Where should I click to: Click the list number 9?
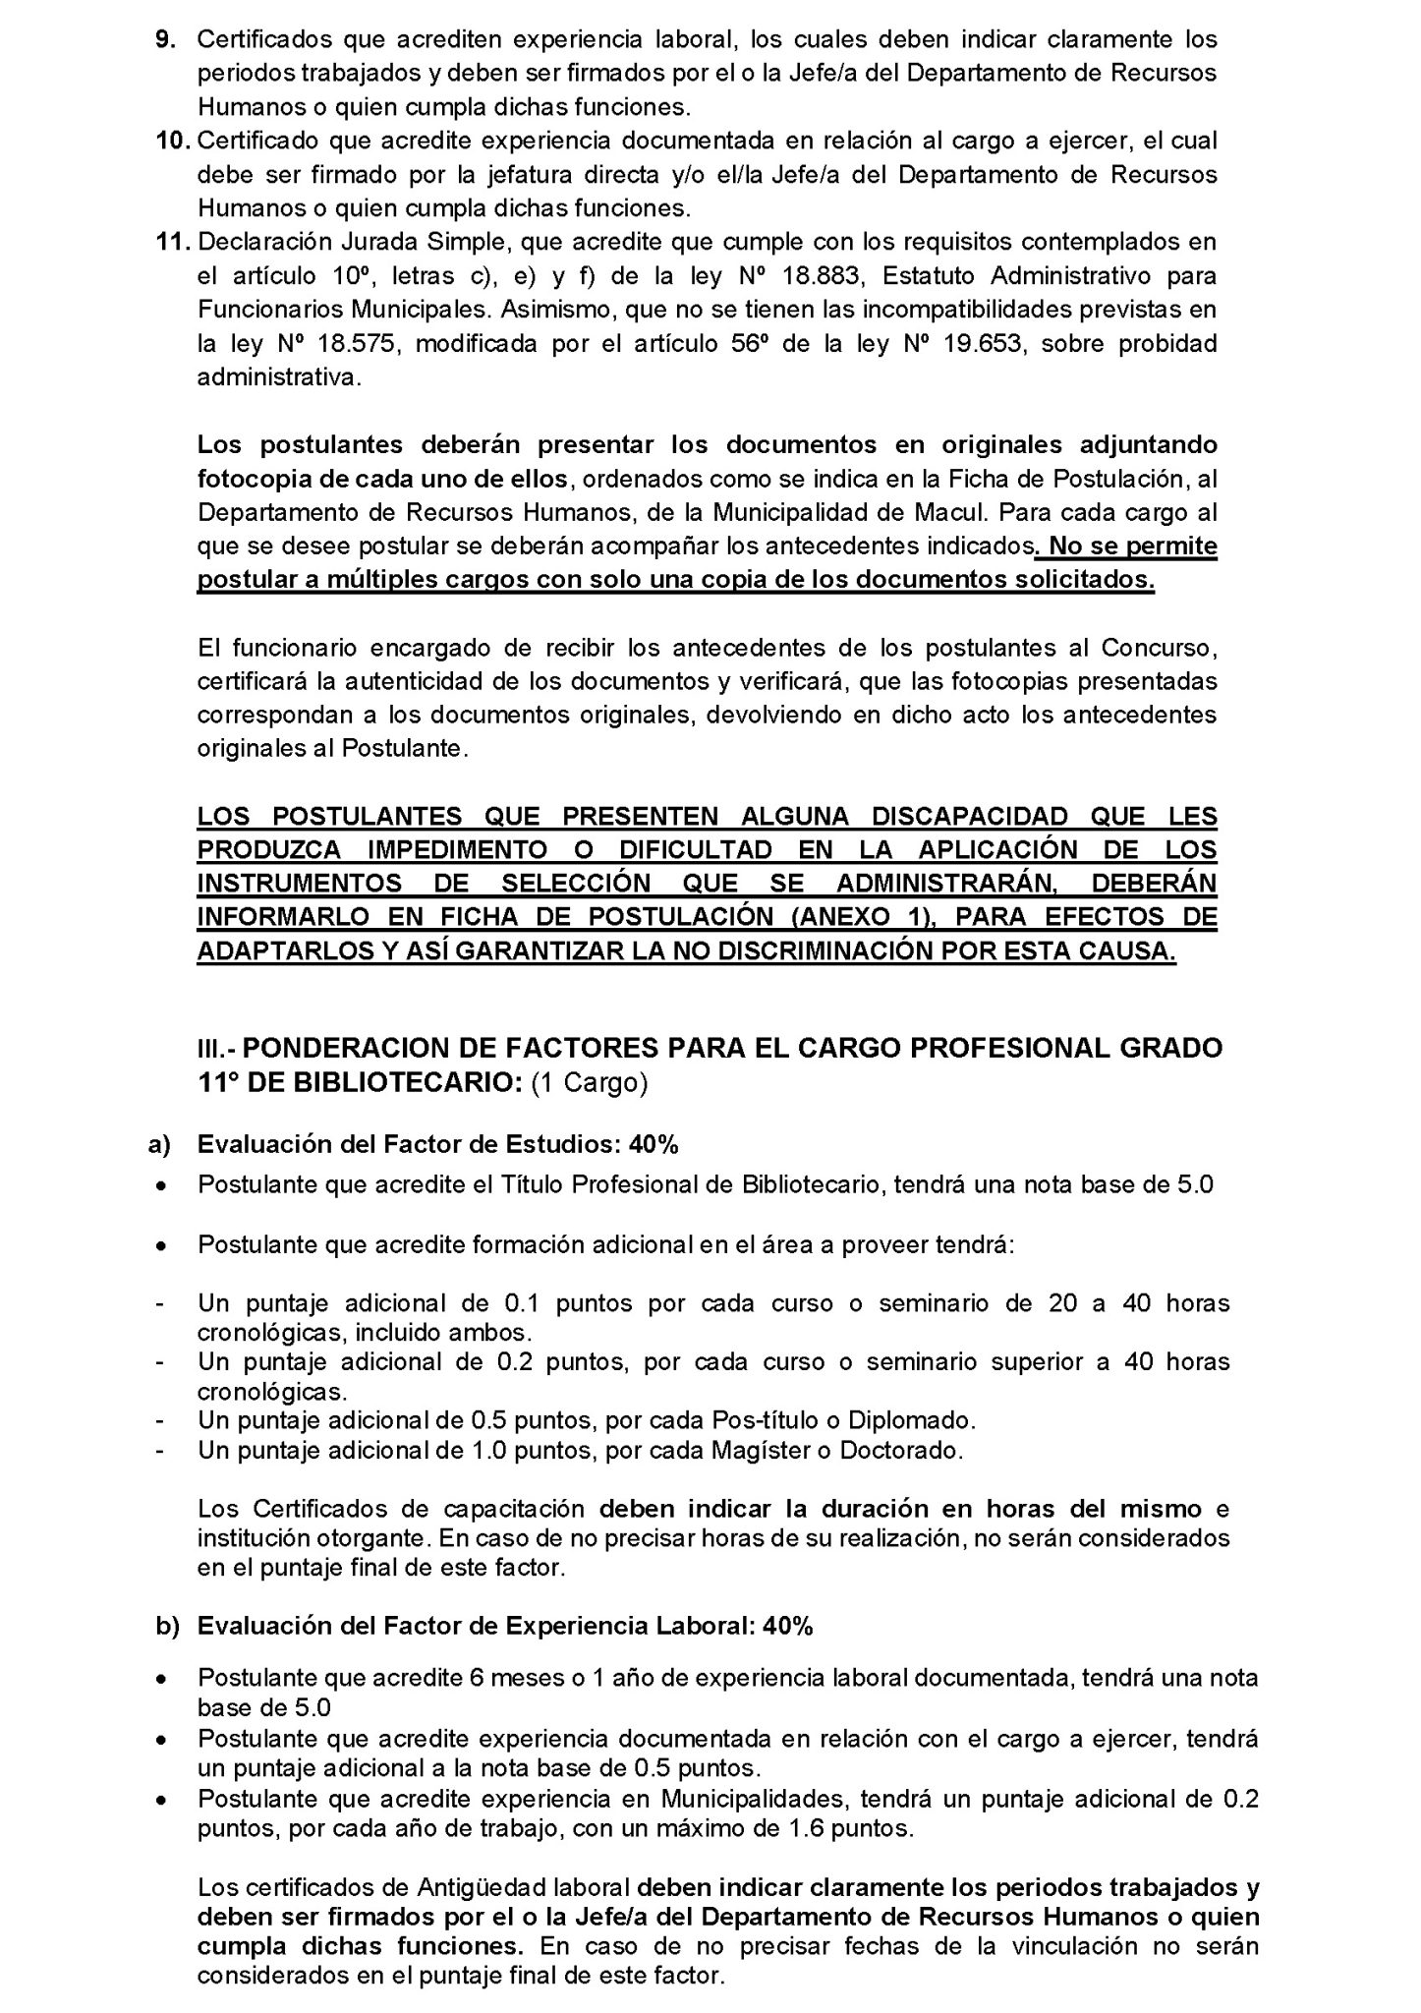(165, 40)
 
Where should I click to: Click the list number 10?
(174, 142)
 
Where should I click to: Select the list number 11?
(174, 243)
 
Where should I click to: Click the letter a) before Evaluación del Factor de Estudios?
(159, 1145)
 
